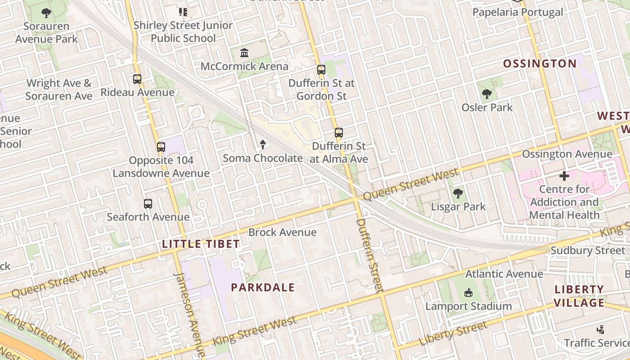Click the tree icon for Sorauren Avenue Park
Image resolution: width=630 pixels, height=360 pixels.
[46, 13]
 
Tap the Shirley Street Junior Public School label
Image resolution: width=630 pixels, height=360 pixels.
[183, 31]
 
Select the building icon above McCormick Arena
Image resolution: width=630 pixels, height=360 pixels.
[244, 53]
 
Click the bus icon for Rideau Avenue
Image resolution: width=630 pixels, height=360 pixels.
[137, 79]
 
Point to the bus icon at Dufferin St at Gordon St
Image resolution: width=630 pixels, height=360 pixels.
[321, 70]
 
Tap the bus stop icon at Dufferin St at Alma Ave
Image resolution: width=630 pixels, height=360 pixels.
[339, 133]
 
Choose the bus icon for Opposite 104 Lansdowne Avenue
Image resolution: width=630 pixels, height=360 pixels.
[161, 147]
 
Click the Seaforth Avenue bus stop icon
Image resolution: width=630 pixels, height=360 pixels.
[148, 204]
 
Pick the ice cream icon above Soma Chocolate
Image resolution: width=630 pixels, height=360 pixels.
[263, 144]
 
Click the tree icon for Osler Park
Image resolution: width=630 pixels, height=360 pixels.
[486, 94]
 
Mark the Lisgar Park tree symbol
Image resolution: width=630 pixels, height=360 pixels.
[458, 193]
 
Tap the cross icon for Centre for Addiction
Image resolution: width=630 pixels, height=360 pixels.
[564, 175]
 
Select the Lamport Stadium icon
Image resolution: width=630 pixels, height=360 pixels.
[468, 293]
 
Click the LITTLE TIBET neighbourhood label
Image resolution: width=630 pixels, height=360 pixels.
[201, 244]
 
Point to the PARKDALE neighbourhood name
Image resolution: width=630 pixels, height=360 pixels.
[263, 288]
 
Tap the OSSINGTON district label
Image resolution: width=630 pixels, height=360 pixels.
[540, 63]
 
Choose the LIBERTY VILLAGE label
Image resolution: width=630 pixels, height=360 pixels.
[579, 296]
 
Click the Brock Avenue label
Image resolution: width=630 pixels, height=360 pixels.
[283, 232]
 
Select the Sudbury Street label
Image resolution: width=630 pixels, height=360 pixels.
[588, 251]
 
